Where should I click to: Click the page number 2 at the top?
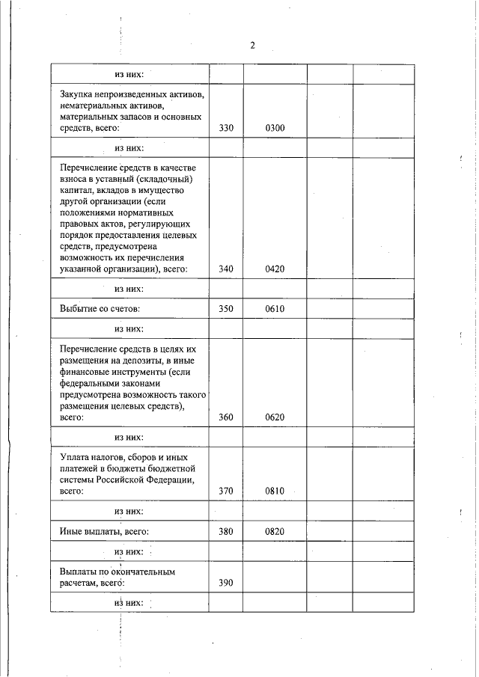tap(252, 46)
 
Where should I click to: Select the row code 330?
tap(226, 129)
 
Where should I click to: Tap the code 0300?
tap(275, 129)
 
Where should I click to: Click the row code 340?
tap(226, 269)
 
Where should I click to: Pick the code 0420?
tap(275, 269)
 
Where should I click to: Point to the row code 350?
tap(226, 308)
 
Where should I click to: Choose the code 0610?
tap(275, 308)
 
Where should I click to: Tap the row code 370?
tap(226, 491)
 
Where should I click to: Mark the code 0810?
tap(275, 491)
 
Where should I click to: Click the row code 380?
tap(226, 531)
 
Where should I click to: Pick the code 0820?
tap(275, 531)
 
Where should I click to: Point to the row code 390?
tap(226, 583)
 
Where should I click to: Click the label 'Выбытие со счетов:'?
tap(100, 308)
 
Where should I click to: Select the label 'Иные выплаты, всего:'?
tap(104, 531)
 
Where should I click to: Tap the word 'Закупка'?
tap(78, 95)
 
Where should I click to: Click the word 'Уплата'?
tap(76, 456)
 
